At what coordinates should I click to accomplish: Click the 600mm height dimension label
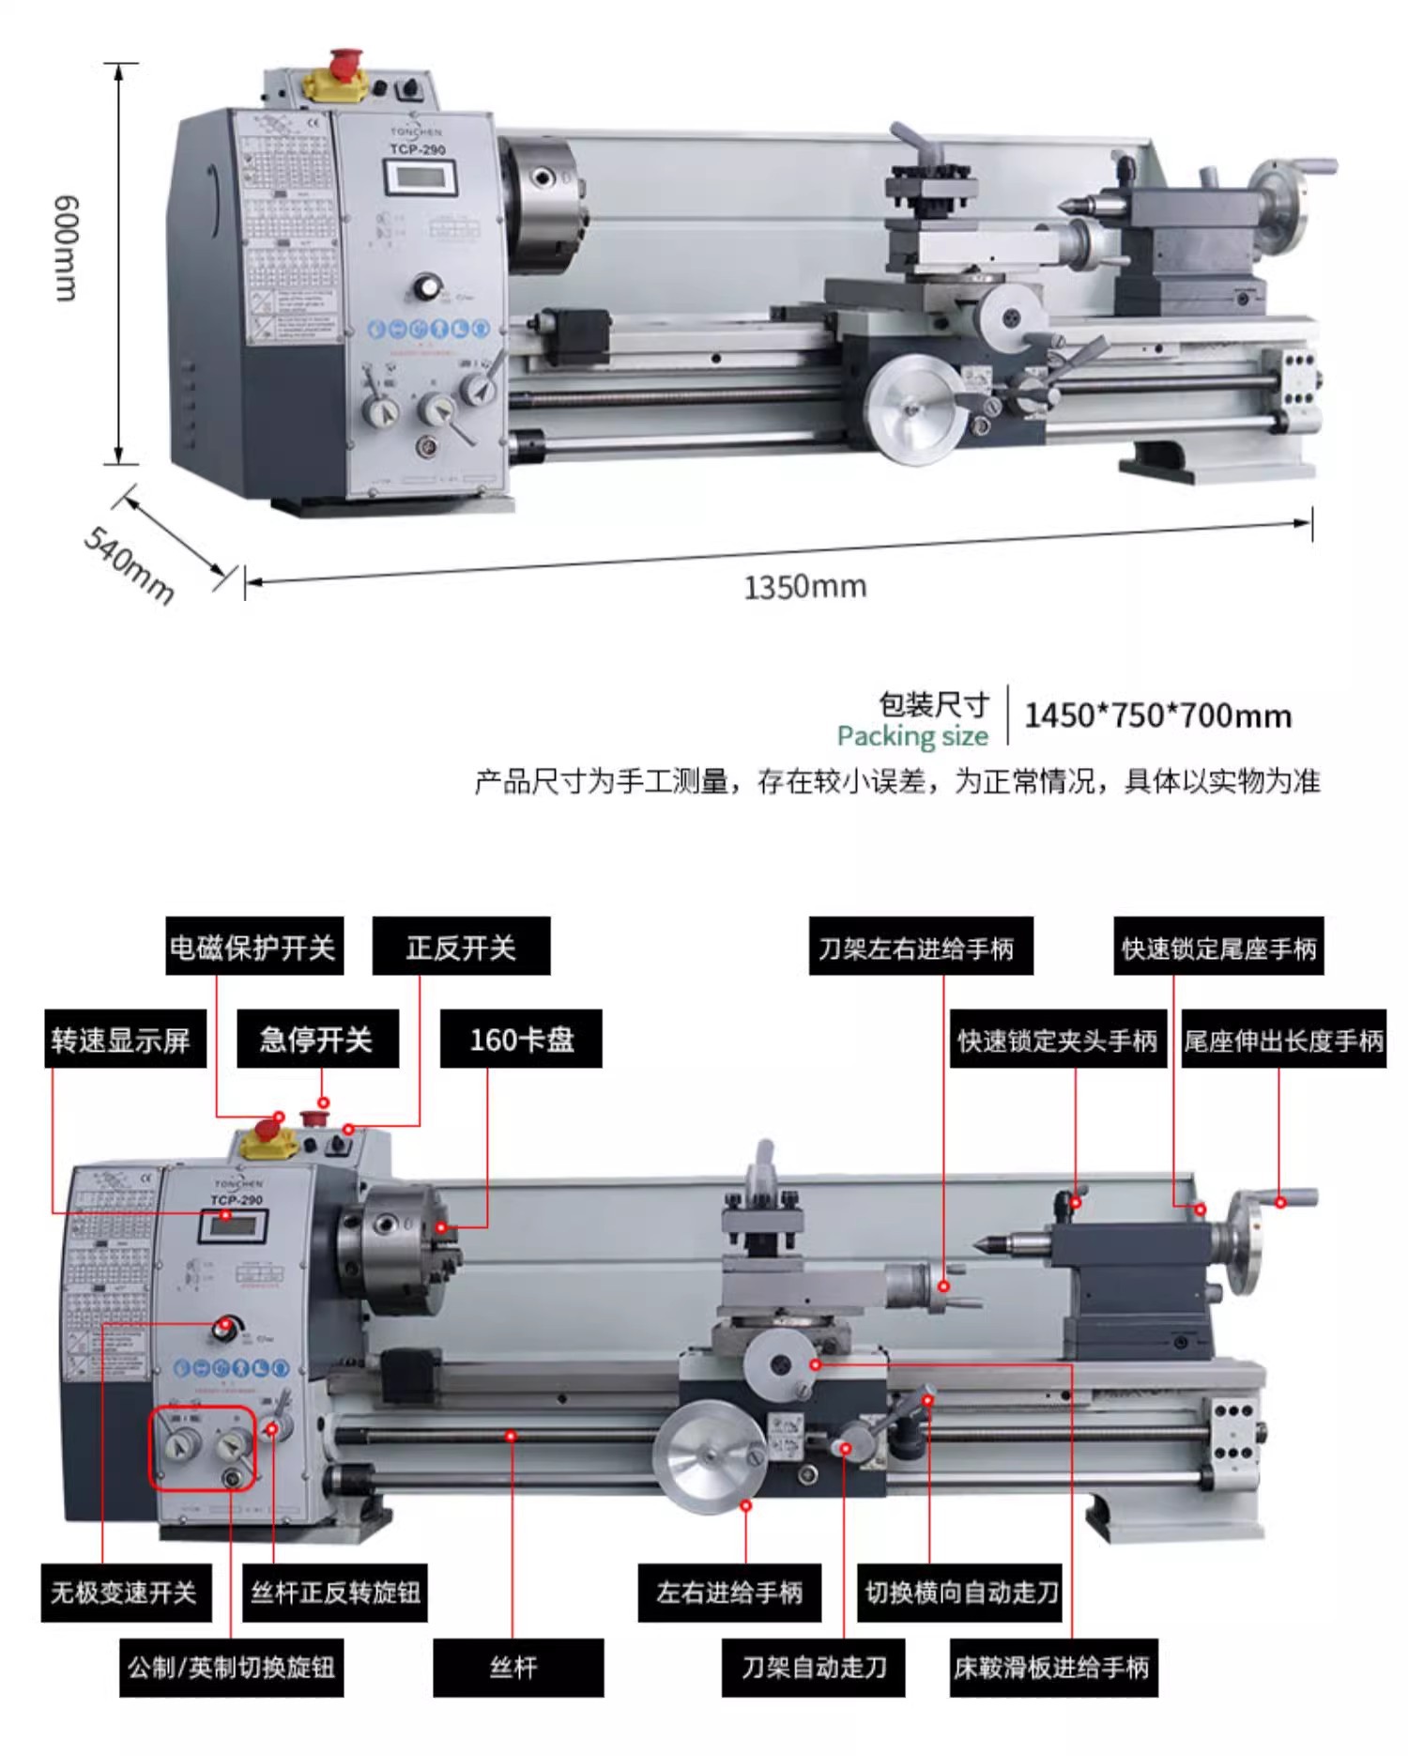point(66,248)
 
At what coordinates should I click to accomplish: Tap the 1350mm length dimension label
point(804,587)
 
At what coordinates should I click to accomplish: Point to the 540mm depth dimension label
point(130,564)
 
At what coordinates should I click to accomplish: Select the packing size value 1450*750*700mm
point(1157,716)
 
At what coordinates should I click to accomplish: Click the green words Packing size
point(912,736)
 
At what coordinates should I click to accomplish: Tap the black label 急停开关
point(317,1040)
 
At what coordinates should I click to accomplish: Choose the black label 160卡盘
point(521,1040)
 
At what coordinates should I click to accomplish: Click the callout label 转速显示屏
point(124,1040)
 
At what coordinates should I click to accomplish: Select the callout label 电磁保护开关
point(254,947)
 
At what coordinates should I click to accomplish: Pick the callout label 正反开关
point(461,947)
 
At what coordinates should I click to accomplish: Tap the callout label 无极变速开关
point(124,1593)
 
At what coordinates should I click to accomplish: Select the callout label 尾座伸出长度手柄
point(1283,1040)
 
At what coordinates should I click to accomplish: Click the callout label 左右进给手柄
point(729,1593)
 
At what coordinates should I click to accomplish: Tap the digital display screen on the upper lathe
point(420,177)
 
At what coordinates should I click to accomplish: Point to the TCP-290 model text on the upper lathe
point(418,149)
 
